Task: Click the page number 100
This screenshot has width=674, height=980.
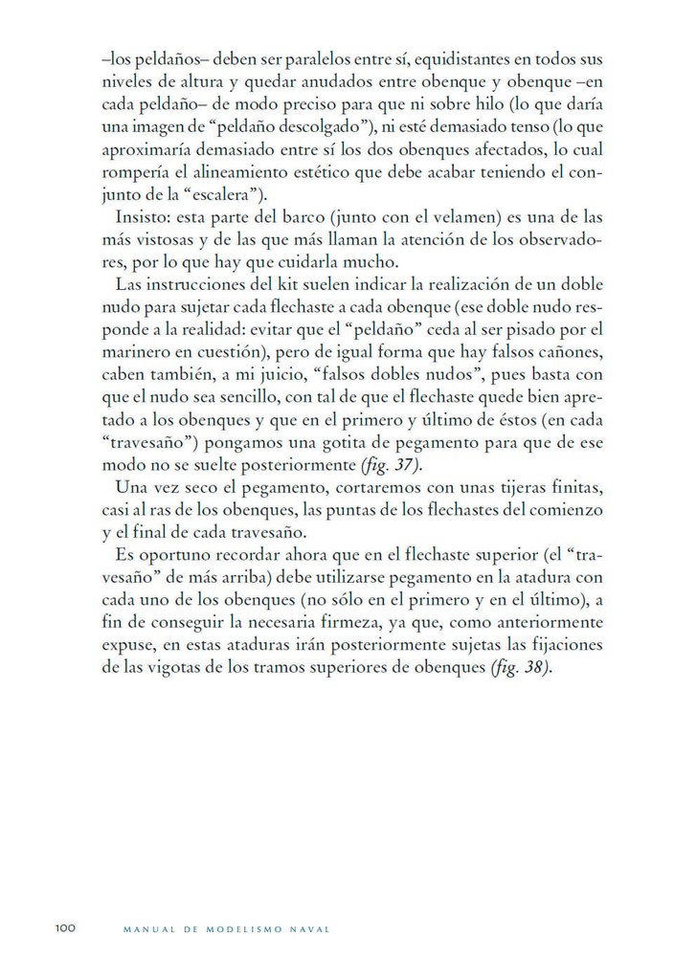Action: pyautogui.click(x=64, y=928)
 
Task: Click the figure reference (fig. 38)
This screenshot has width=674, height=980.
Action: pyautogui.click(x=523, y=667)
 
